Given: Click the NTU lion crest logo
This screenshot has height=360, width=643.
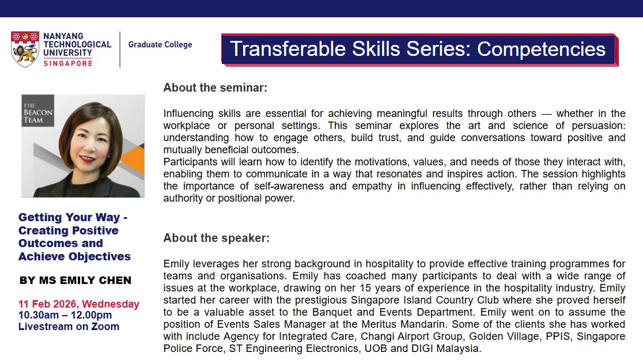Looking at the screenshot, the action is [25, 49].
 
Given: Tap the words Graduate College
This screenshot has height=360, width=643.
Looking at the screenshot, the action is [160, 44].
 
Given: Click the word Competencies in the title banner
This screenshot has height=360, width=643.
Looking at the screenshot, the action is [541, 49].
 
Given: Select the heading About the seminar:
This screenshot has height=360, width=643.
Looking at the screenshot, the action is [215, 88].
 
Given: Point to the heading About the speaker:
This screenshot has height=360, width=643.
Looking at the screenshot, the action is [217, 238].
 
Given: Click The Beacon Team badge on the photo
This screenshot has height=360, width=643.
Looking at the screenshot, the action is [37, 111].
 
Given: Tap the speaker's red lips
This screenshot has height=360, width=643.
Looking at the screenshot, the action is [88, 158].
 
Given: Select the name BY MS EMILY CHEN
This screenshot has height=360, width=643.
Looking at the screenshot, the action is [75, 281].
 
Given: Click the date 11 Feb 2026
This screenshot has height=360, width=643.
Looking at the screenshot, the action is [48, 304].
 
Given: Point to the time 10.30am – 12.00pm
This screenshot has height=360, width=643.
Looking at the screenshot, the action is [65, 315].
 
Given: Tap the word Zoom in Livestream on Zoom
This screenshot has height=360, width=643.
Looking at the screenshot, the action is [105, 327].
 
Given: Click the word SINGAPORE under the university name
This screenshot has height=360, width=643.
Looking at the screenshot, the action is [68, 63].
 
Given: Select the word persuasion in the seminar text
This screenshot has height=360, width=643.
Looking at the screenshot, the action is [599, 126].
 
